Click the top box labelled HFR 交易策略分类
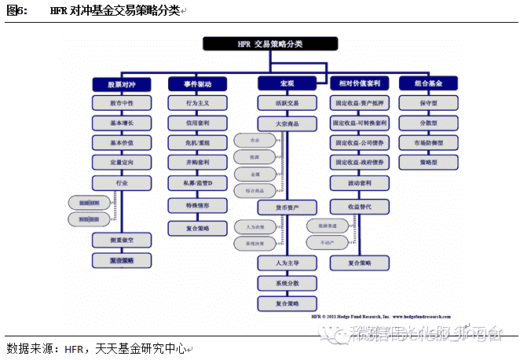[x=264, y=45]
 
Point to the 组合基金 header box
[x=429, y=83]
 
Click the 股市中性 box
[x=120, y=103]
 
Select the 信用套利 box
[x=198, y=123]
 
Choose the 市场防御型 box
[x=429, y=143]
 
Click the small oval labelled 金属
[x=254, y=174]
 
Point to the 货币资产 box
[x=287, y=208]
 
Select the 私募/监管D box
[x=198, y=184]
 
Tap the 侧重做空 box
[x=120, y=239]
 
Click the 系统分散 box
[x=287, y=283]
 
